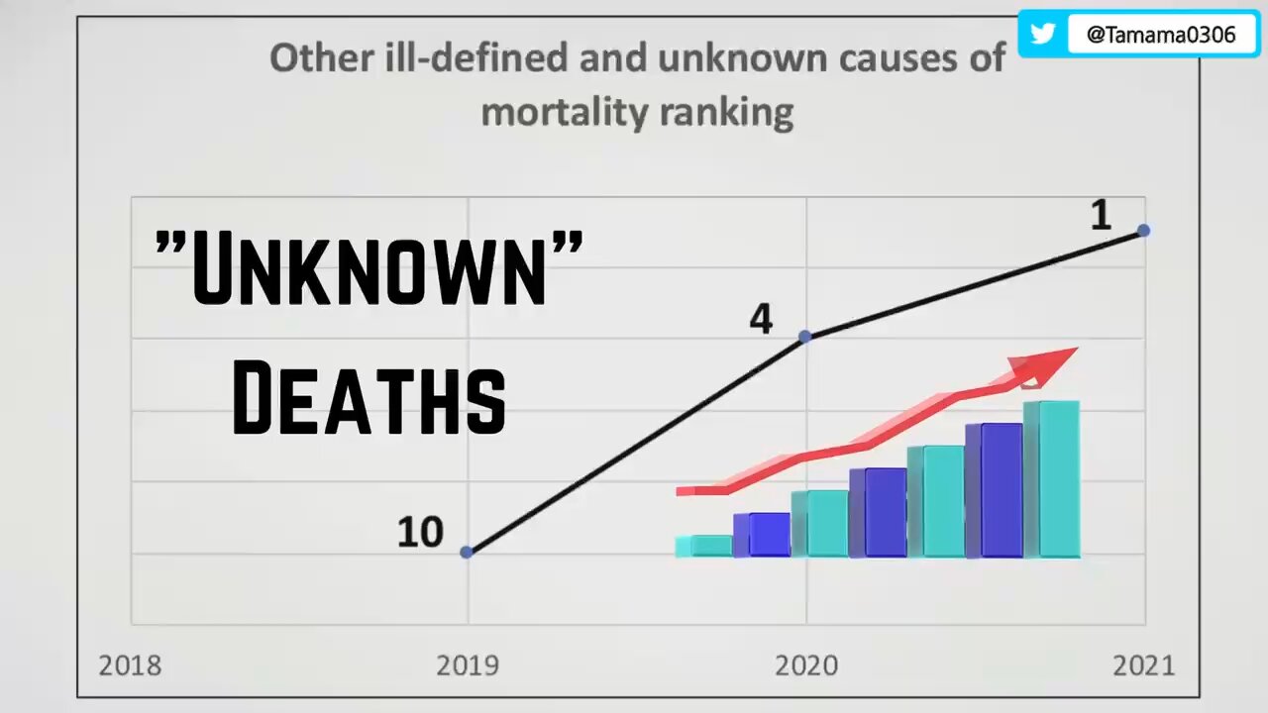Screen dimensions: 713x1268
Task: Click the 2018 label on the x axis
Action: (131, 664)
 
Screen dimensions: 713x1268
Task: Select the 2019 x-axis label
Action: (469, 664)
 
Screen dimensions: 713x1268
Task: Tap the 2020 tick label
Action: (806, 664)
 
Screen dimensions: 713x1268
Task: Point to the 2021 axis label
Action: (1143, 664)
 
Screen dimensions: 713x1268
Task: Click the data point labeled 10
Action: (468, 552)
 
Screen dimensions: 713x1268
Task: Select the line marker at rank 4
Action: (804, 337)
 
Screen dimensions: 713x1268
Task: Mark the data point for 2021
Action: (1143, 230)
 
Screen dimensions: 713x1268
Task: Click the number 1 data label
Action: (1101, 216)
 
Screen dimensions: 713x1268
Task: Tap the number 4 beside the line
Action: (761, 319)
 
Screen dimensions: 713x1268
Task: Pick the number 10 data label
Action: (420, 533)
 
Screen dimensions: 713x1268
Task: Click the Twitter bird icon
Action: (1042, 34)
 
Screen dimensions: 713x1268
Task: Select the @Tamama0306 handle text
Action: (1161, 35)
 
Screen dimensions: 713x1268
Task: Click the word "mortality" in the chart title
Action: (559, 112)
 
